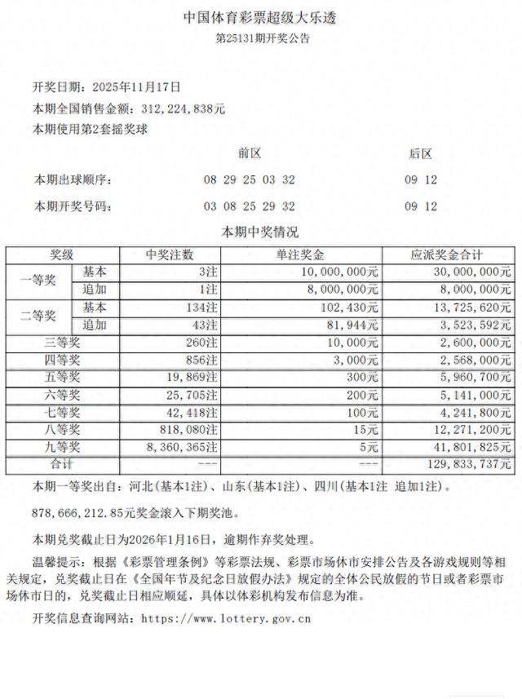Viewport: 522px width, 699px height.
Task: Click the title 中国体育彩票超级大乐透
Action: click(x=261, y=16)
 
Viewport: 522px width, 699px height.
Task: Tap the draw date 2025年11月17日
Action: click(x=137, y=86)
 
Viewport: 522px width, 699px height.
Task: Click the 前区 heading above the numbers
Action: click(x=249, y=153)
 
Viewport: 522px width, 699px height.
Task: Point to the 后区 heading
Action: click(x=421, y=153)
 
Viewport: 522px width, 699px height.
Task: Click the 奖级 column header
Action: click(x=62, y=254)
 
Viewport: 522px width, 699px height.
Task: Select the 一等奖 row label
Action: click(x=38, y=280)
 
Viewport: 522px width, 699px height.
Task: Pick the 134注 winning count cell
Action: click(x=200, y=307)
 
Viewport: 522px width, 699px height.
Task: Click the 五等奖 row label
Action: click(x=62, y=377)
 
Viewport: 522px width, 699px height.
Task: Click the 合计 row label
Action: click(x=62, y=464)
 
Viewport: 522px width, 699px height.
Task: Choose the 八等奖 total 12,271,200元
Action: click(x=470, y=430)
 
